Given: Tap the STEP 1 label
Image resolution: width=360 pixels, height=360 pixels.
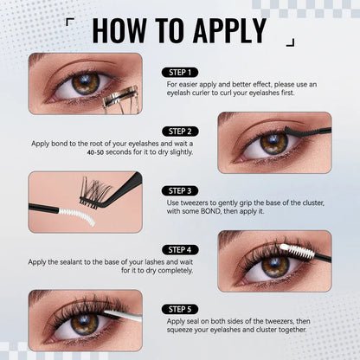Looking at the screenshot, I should click(x=179, y=72).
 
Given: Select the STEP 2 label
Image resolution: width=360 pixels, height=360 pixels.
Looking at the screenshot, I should click(x=179, y=131).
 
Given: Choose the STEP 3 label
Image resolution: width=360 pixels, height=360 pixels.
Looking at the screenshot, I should click(x=179, y=189).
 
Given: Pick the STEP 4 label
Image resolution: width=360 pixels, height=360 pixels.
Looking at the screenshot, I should click(x=179, y=248).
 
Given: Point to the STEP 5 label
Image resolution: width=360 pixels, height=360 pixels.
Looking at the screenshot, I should click(x=179, y=307).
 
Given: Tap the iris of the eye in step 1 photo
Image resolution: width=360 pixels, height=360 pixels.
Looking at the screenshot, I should click(x=85, y=84).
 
